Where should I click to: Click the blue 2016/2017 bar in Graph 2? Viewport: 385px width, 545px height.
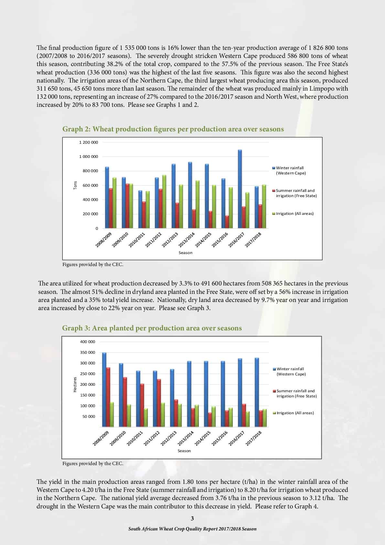coord(240,189)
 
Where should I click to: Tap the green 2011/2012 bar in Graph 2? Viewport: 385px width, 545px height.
coord(164,201)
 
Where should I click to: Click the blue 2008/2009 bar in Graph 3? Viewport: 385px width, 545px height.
coord(104,390)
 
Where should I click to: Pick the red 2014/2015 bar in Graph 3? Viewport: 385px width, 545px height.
coord(210,419)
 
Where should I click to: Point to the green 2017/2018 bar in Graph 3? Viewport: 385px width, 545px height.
coord(265,418)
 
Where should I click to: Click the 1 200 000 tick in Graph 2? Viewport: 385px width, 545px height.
coord(89,142)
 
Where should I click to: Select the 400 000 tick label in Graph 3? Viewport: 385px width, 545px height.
coord(88,342)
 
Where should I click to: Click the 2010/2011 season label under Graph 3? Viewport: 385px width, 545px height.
coord(135,438)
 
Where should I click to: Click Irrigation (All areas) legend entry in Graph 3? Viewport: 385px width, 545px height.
coord(294,413)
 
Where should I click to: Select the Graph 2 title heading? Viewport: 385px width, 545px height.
coord(173,129)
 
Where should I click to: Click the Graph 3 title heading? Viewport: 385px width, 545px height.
coord(152,328)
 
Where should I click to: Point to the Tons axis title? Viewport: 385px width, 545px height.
coord(75,185)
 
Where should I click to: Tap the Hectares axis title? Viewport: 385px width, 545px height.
coord(75,384)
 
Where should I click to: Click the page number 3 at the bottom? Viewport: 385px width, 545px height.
coord(192,518)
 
